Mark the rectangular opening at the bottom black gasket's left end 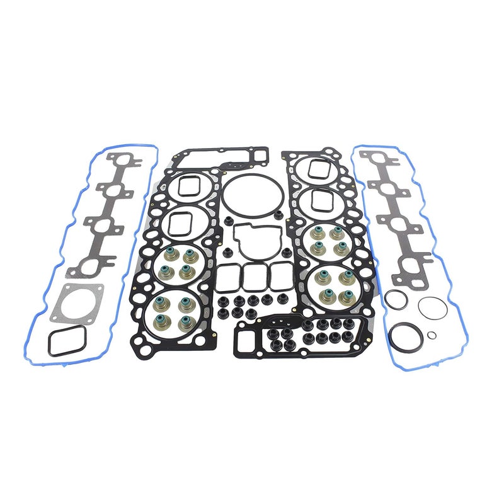pos(248,341)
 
